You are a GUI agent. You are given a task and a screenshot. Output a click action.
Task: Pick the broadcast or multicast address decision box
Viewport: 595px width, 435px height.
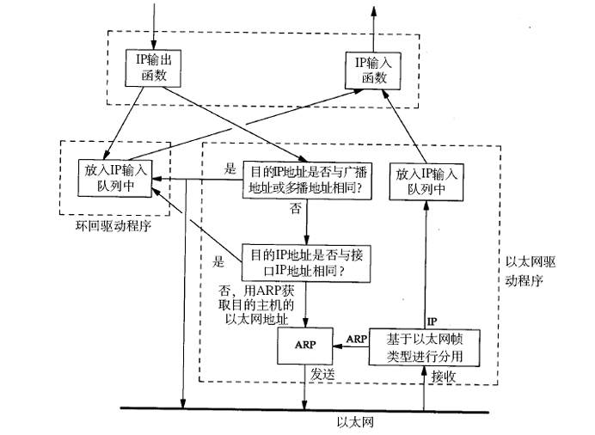coord(308,177)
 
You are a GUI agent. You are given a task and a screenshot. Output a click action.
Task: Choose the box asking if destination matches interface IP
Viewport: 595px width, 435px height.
coord(307,261)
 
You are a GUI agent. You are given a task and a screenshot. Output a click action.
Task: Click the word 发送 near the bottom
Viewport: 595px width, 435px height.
coord(323,377)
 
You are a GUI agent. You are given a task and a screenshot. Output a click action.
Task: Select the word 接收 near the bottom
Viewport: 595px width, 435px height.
coord(444,377)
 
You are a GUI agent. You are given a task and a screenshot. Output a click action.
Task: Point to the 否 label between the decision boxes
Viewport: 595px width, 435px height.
coord(296,209)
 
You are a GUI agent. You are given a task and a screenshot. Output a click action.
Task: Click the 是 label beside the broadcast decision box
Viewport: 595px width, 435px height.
coord(229,168)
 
